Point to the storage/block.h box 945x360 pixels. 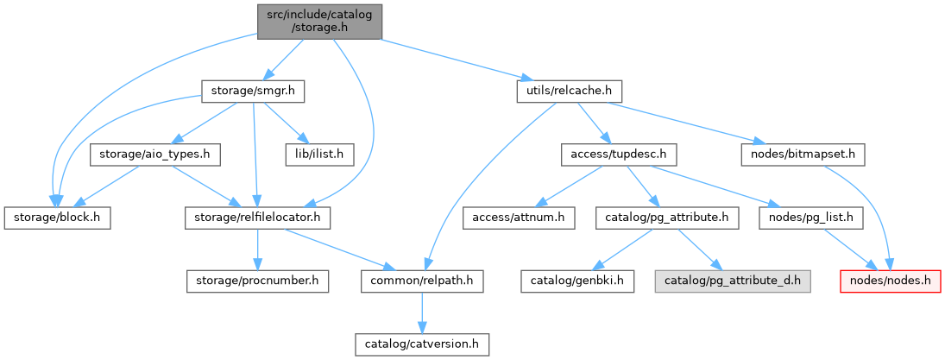[x=56, y=218]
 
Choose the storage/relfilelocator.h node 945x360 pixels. [x=258, y=218]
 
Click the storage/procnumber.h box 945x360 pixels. [x=258, y=281]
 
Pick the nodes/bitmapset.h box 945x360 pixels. [x=802, y=155]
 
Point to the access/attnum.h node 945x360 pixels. [x=519, y=218]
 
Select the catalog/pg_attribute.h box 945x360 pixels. [x=667, y=218]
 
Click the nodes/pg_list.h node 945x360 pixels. [x=810, y=218]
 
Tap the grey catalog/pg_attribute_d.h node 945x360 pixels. [x=733, y=281]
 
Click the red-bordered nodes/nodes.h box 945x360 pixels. [x=891, y=281]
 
